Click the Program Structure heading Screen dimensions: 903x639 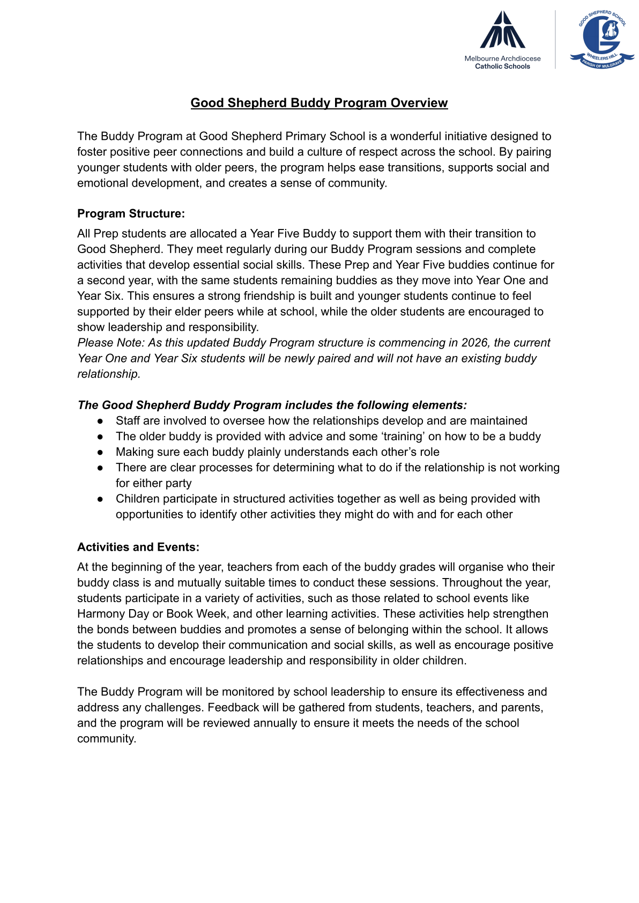(x=131, y=213)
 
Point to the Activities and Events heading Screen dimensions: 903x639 (x=138, y=547)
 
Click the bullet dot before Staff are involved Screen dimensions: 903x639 (x=100, y=421)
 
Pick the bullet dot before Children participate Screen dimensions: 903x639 (x=100, y=499)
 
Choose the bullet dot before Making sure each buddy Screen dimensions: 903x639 (x=100, y=453)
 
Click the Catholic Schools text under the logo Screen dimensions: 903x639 (x=502, y=66)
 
